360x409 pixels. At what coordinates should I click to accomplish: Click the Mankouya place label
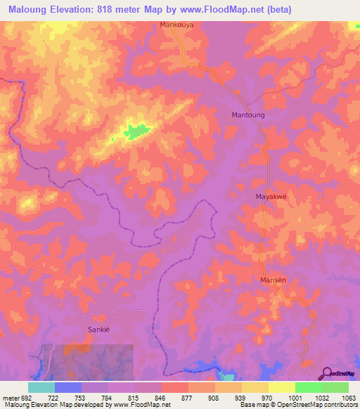click(176, 25)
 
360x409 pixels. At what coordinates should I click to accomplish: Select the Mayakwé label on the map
click(272, 197)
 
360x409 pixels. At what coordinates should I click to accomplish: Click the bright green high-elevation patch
click(138, 130)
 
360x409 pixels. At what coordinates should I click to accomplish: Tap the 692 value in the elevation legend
click(27, 398)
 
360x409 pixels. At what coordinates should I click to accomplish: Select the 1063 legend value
click(348, 398)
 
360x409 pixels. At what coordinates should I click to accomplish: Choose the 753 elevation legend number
click(81, 398)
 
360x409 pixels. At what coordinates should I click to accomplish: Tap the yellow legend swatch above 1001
click(281, 387)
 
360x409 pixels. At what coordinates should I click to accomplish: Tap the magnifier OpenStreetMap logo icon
click(326, 373)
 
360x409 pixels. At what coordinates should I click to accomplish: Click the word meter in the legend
click(10, 398)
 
